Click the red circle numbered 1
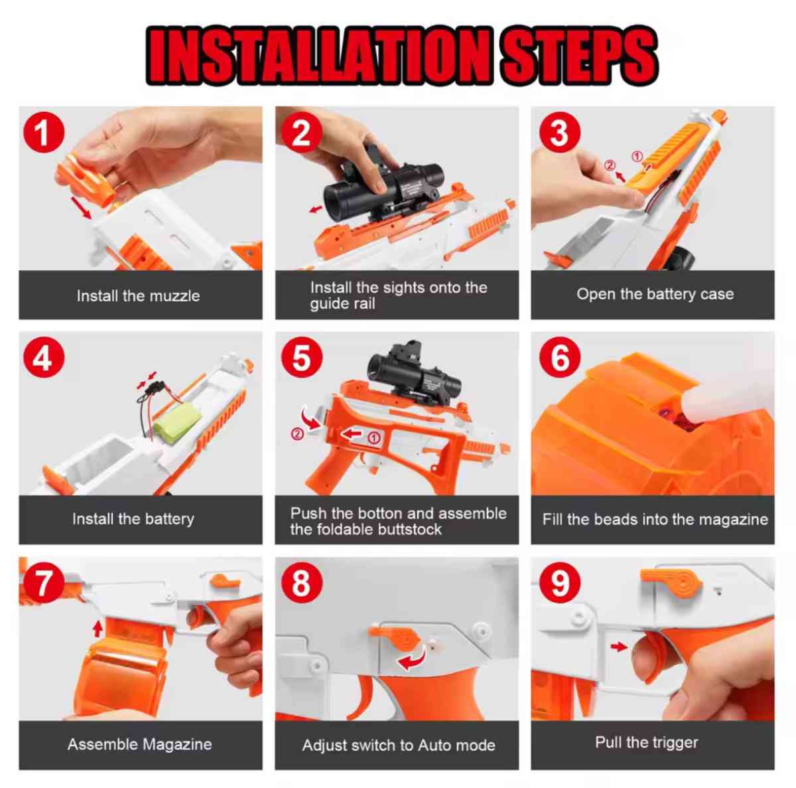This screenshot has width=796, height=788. point(44,133)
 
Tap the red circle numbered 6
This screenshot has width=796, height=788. point(560,358)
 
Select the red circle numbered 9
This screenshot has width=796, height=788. point(560,584)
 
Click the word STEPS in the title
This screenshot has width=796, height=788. point(578,56)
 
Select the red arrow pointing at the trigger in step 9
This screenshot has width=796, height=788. point(619,646)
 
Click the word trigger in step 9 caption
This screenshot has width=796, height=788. point(673,742)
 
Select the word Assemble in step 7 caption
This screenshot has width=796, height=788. point(98,744)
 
